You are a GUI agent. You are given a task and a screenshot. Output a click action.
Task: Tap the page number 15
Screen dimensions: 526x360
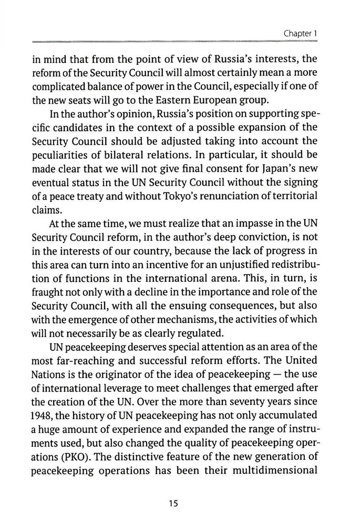pos(174,503)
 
